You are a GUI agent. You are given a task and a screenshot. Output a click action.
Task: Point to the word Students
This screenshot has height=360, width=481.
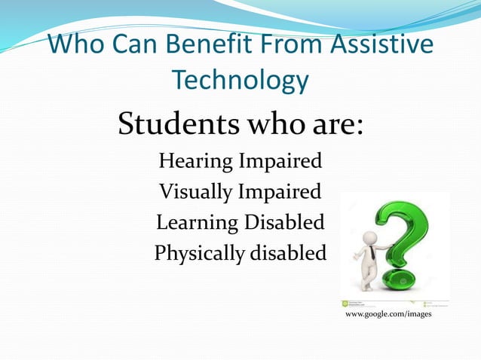point(176,125)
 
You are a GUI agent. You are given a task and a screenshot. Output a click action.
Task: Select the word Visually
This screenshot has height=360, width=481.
point(195,192)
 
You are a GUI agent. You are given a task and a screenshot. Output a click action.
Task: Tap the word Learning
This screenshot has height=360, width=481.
point(197,223)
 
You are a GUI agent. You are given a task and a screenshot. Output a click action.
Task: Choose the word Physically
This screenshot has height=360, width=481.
point(197,254)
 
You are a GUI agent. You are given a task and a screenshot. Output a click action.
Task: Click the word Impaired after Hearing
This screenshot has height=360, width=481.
point(281,161)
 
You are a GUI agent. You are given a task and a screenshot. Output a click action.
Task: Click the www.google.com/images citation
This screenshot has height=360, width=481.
point(388,314)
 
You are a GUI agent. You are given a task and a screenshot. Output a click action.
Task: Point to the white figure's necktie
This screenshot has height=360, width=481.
point(371,252)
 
